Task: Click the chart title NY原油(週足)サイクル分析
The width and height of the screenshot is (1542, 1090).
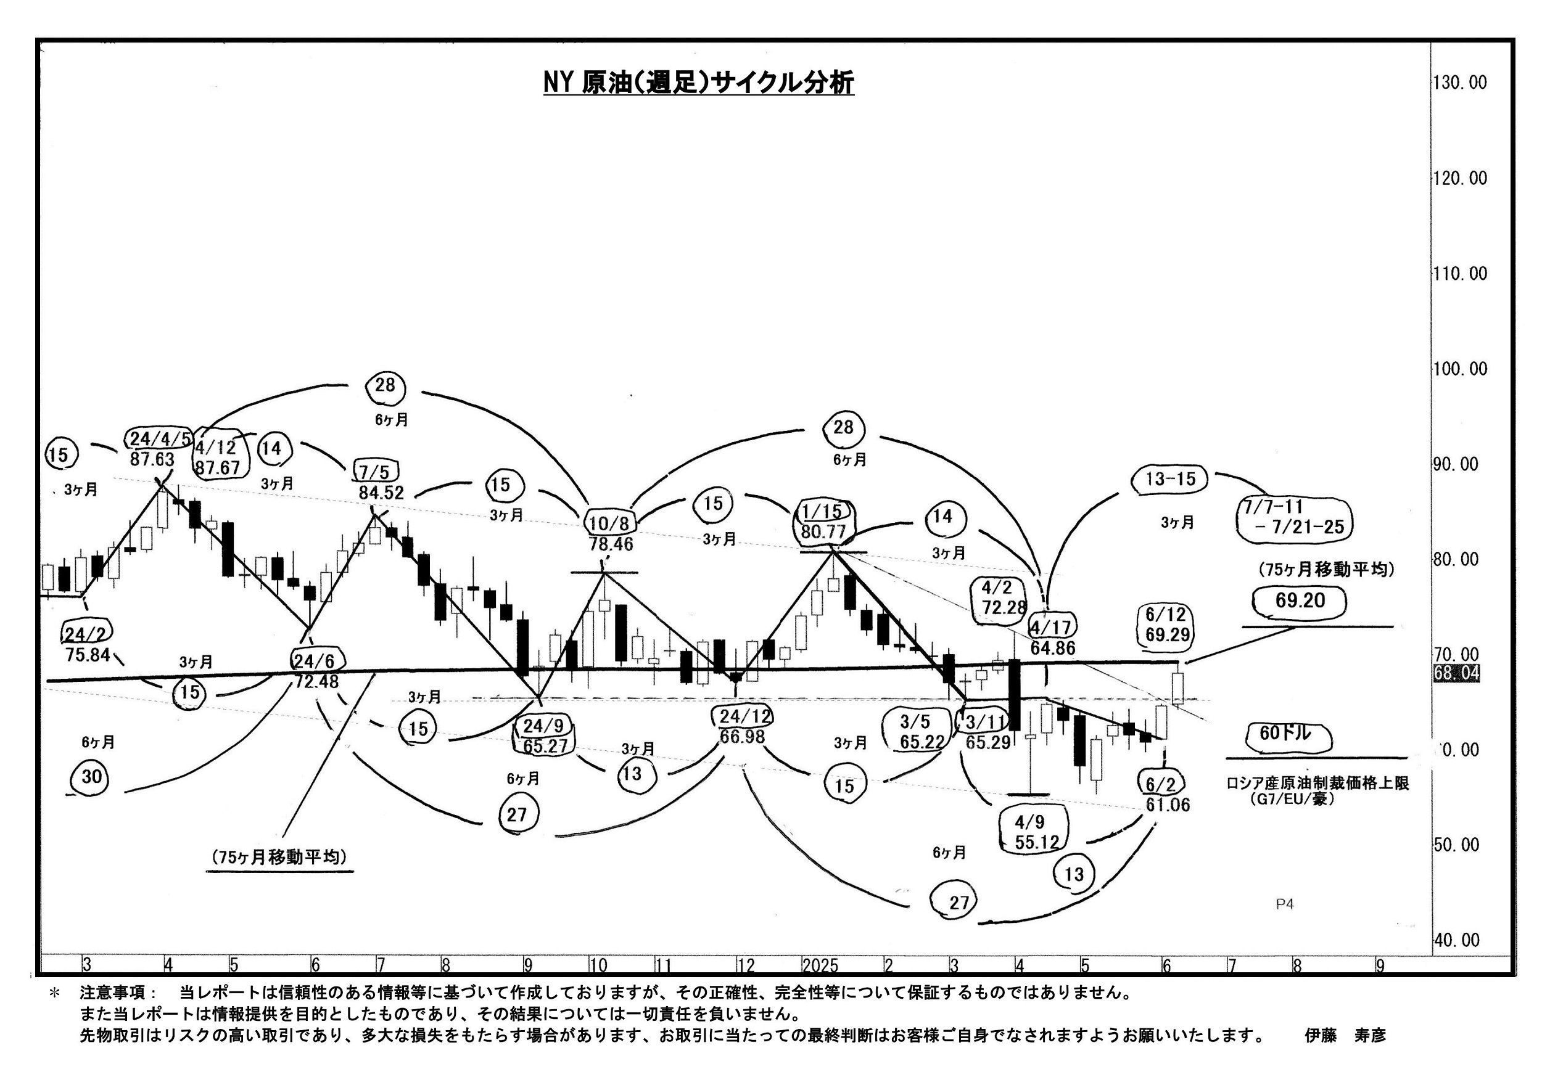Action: (698, 83)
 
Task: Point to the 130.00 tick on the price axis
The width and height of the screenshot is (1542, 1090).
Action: (1459, 83)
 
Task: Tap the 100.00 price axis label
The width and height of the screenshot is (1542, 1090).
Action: (1459, 369)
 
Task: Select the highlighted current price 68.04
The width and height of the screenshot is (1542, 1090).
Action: (1456, 673)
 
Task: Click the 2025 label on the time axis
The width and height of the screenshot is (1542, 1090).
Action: (820, 966)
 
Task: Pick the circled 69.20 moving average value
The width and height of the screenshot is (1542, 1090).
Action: (1300, 600)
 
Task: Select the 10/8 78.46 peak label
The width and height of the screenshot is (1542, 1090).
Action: (611, 533)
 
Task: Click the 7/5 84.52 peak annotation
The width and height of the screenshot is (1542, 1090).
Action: (380, 482)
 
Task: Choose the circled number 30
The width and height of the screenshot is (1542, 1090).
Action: (91, 777)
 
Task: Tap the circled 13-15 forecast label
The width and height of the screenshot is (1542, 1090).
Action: (1171, 478)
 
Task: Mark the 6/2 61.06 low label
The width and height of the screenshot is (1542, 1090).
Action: (1166, 794)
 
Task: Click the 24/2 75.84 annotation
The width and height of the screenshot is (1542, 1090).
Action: (88, 644)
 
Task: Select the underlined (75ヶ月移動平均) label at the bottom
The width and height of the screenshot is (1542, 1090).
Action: (279, 857)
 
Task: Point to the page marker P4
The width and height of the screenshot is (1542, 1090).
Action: (1284, 904)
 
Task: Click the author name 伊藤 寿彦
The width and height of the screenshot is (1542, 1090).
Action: (1345, 1036)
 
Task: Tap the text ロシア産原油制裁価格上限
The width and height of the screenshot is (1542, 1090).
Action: (1317, 782)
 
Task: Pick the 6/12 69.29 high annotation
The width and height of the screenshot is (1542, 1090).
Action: (1166, 624)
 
